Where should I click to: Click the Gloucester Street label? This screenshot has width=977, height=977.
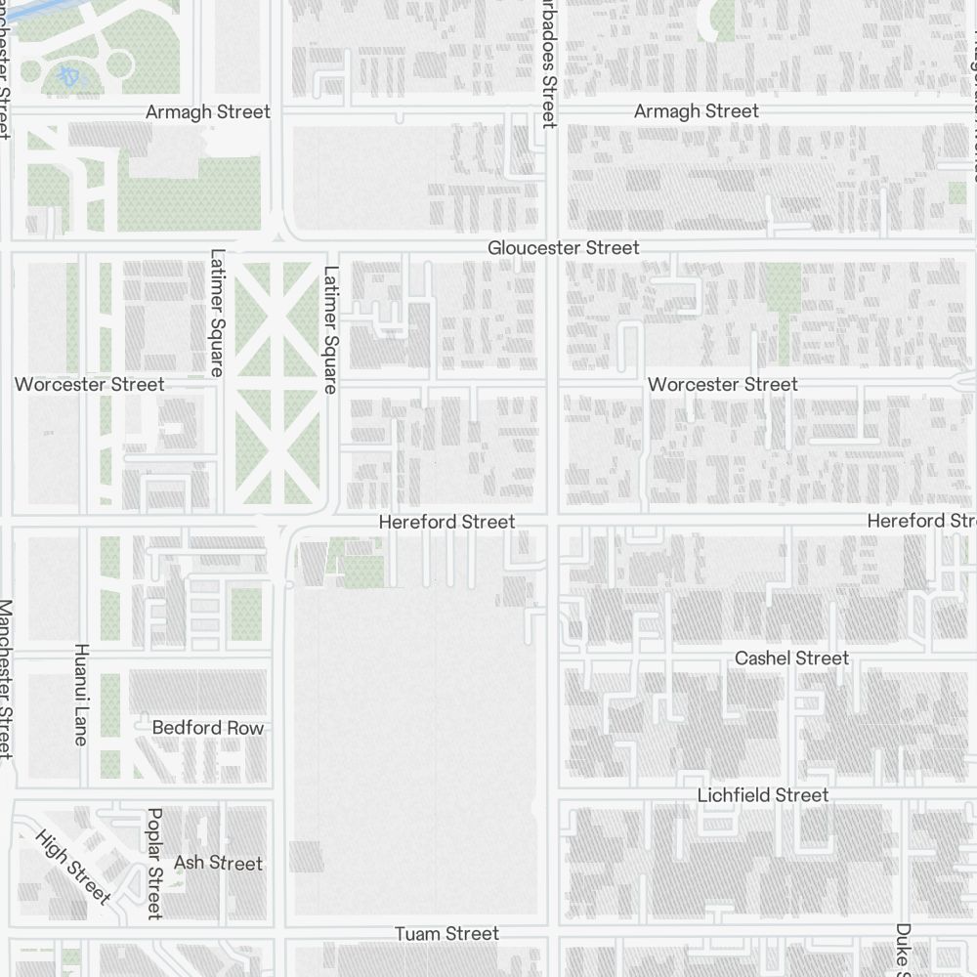tap(564, 248)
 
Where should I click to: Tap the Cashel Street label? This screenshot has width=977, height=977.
tap(791, 658)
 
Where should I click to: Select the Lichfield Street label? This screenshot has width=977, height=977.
tap(762, 795)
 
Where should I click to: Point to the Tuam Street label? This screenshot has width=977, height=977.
tap(446, 934)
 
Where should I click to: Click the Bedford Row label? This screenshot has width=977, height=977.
tap(207, 728)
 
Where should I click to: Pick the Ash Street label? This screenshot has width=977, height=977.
tap(218, 863)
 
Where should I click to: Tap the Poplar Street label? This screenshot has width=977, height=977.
tap(153, 863)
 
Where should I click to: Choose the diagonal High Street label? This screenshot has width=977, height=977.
tap(73, 866)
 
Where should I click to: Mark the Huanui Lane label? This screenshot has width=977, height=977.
tap(81, 694)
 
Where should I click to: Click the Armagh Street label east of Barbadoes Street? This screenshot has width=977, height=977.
tap(696, 111)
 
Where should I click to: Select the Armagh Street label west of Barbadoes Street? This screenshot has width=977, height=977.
tap(207, 111)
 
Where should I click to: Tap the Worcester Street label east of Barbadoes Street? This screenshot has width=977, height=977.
tap(722, 384)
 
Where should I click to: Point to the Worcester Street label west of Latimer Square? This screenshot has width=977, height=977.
tap(89, 384)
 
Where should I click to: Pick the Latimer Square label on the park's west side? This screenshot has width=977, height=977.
tap(217, 313)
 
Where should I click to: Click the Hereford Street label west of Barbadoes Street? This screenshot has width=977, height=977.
tap(446, 522)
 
